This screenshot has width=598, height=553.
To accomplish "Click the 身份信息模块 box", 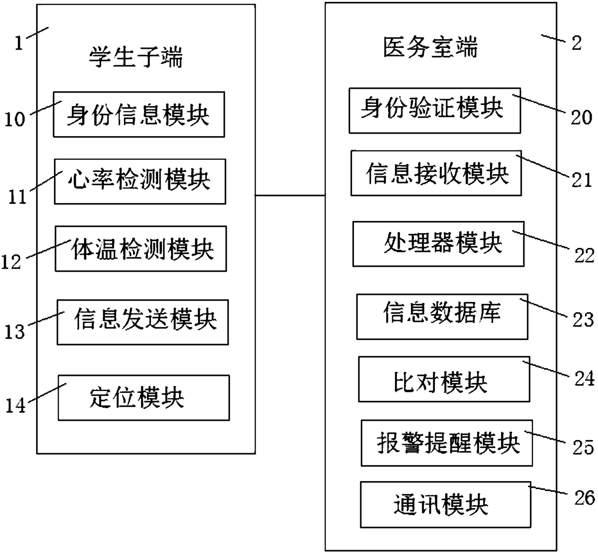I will pos(138,114).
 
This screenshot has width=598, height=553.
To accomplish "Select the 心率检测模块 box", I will pos(139,181).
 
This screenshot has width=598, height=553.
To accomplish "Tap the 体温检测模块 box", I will pos(140,249).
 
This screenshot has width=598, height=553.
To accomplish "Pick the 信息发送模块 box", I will pos(142,322).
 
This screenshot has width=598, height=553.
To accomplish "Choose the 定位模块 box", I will pos(143,398).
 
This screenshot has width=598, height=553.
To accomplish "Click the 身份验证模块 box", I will pos(435,111).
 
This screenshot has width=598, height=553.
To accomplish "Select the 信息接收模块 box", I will pos(436,173).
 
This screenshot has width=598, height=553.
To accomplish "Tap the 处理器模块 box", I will pos(438,244).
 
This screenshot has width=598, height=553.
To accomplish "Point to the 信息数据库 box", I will pos(442,317).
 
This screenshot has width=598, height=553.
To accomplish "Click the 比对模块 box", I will pos(444,379).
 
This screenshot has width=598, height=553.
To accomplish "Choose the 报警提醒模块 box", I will pos(447,443).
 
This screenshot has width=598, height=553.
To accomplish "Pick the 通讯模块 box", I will pos(445,504).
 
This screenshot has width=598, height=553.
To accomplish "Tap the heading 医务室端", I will pos(430,48).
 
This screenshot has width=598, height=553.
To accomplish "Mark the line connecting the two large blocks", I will pos(290,195).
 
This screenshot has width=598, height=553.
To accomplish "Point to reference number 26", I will pos(584,498).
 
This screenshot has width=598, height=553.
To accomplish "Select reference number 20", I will pos(581,117).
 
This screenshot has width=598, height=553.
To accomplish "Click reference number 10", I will pos(14,119).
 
